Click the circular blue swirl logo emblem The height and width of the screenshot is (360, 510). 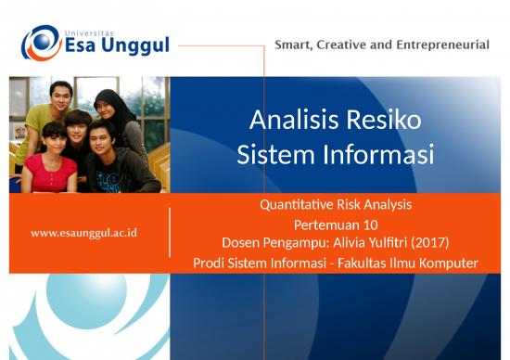pyautogui.click(x=41, y=43)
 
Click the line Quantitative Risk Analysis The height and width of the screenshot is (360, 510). pyautogui.click(x=335, y=204)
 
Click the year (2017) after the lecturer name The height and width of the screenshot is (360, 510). pyautogui.click(x=429, y=242)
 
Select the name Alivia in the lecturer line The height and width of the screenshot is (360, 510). pyautogui.click(x=351, y=242)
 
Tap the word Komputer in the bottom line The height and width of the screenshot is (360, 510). pyautogui.click(x=448, y=264)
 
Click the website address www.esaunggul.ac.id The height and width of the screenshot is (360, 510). pyautogui.click(x=83, y=232)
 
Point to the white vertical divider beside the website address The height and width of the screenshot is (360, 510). pyautogui.click(x=170, y=232)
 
